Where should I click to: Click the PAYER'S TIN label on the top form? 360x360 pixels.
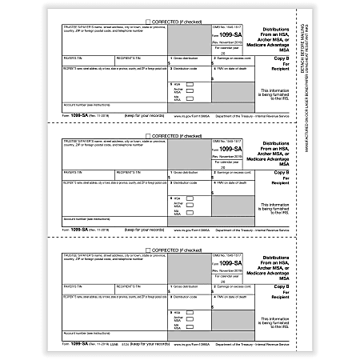pyautogui.click(x=72, y=58)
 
